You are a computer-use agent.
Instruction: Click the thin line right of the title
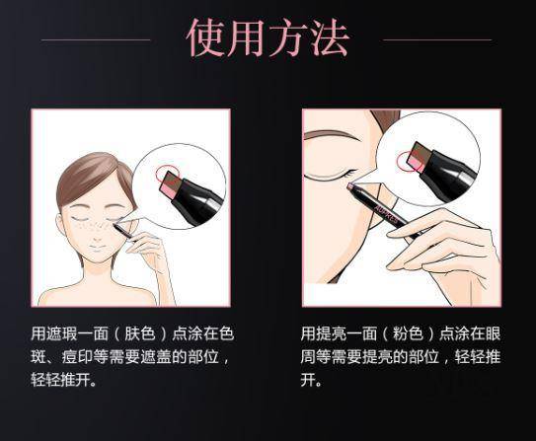[x=436, y=40]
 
